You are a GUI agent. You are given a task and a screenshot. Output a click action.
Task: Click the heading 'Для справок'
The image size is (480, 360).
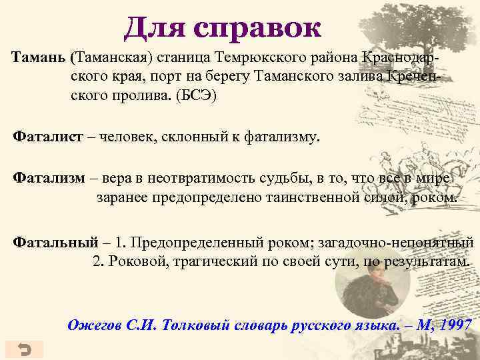click(223, 28)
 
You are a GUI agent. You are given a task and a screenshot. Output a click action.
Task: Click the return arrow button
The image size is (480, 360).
click(23, 349)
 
